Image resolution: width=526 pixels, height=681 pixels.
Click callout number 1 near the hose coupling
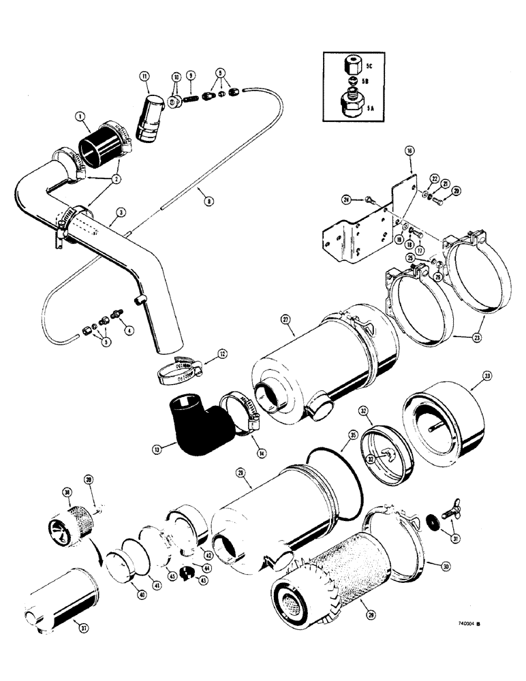[x=81, y=116]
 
